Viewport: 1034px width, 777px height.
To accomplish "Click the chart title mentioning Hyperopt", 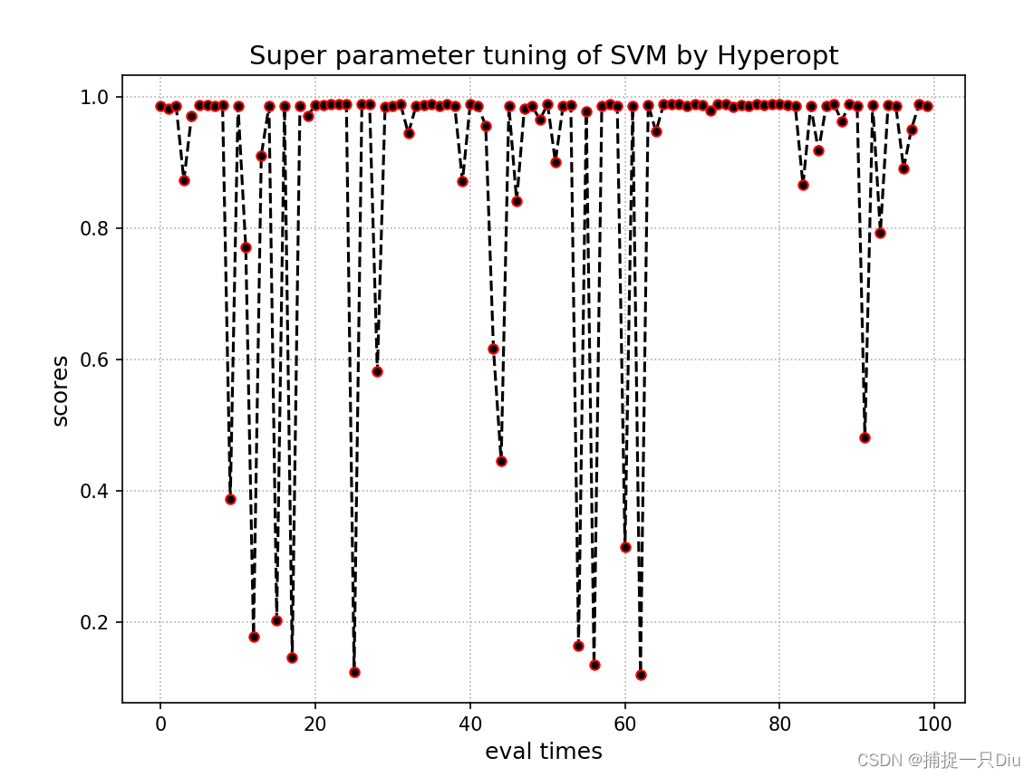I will (544, 56).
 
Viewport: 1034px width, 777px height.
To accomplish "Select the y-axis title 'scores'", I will (61, 390).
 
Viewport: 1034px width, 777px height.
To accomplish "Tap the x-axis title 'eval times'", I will (543, 752).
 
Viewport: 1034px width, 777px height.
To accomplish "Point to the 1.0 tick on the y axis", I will (95, 97).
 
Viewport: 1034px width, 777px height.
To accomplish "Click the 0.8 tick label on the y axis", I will (95, 228).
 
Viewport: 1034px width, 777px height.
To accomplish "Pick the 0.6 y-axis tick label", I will (95, 360).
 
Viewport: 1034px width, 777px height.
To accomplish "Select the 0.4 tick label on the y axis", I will (95, 491).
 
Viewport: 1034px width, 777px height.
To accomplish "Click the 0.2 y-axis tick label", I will (95, 622).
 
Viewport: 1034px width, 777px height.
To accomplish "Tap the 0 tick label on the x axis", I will (160, 724).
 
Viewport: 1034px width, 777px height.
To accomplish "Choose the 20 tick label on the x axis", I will (315, 724).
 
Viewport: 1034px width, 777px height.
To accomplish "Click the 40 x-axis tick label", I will (470, 724).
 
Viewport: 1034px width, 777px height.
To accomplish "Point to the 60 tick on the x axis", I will (625, 724).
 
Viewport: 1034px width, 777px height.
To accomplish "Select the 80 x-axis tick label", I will (779, 724).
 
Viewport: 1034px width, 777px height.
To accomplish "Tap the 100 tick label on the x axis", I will (934, 724).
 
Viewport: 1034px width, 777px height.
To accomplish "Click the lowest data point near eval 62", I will (641, 675).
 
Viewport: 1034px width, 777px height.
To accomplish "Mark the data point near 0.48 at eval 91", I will (865, 437).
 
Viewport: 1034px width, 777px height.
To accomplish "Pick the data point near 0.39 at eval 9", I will (230, 499).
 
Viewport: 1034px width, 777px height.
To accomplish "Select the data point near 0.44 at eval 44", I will (501, 461).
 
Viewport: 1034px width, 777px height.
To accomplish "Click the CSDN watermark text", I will (939, 760).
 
